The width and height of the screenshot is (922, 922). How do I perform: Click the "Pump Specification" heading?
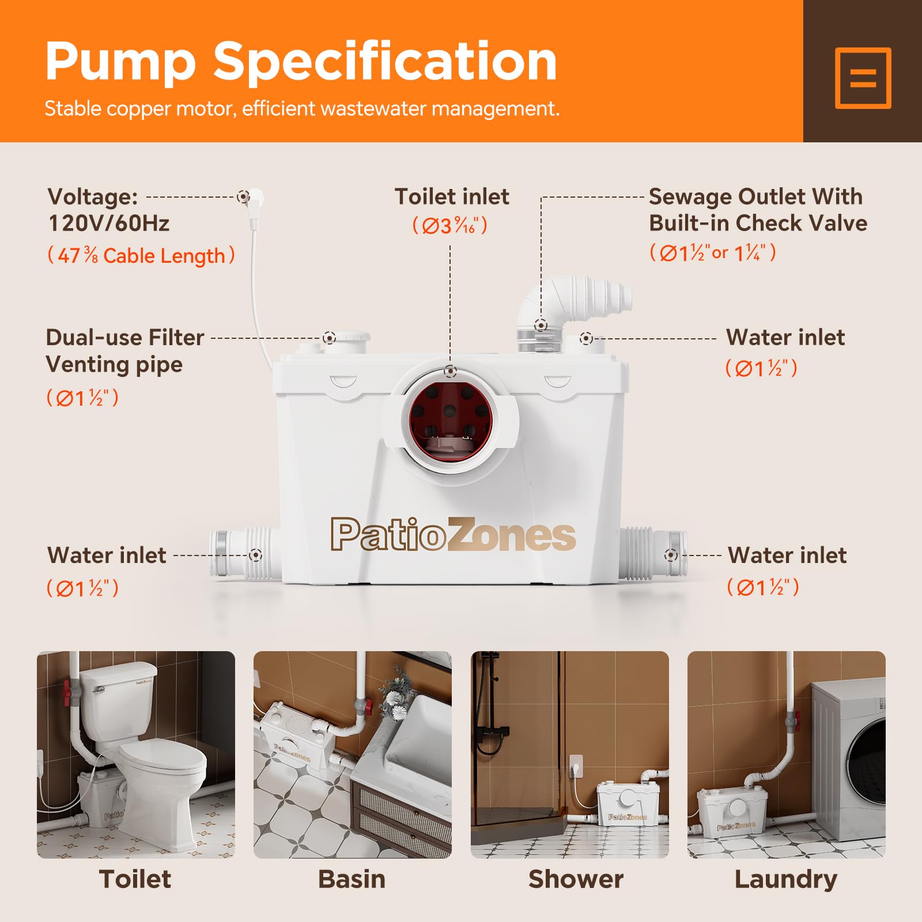click(x=301, y=62)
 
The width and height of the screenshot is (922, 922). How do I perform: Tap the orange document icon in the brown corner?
click(x=863, y=78)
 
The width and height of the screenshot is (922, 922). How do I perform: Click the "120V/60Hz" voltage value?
click(x=109, y=224)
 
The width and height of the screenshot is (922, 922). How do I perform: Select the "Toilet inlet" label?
click(x=452, y=197)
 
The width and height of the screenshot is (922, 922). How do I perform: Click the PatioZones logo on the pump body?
click(x=453, y=535)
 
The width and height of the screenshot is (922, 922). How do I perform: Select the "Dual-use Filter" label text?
click(x=125, y=338)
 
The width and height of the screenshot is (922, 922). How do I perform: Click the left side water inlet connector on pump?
click(x=245, y=554)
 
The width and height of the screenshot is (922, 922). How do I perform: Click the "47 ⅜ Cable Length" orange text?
click(x=141, y=255)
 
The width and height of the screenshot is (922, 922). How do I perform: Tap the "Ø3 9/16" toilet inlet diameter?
click(x=450, y=225)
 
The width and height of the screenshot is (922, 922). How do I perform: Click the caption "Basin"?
click(x=352, y=879)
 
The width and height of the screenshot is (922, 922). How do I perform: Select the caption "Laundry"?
click(x=786, y=879)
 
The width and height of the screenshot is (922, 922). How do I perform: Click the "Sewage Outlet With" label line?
click(x=755, y=197)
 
